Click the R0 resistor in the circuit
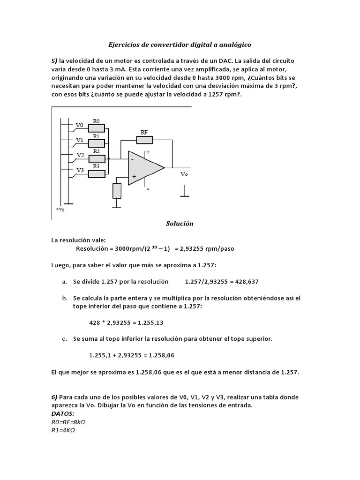97,127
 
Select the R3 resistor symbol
97,174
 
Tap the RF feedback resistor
144,139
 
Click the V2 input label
80,155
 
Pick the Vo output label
184,173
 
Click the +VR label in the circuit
60,209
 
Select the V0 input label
80,125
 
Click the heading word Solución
180,224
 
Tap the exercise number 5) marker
54,61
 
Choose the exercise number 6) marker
54,397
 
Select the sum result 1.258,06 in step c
160,355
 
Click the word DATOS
62,414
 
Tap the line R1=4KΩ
63,430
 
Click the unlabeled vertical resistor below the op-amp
117,191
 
